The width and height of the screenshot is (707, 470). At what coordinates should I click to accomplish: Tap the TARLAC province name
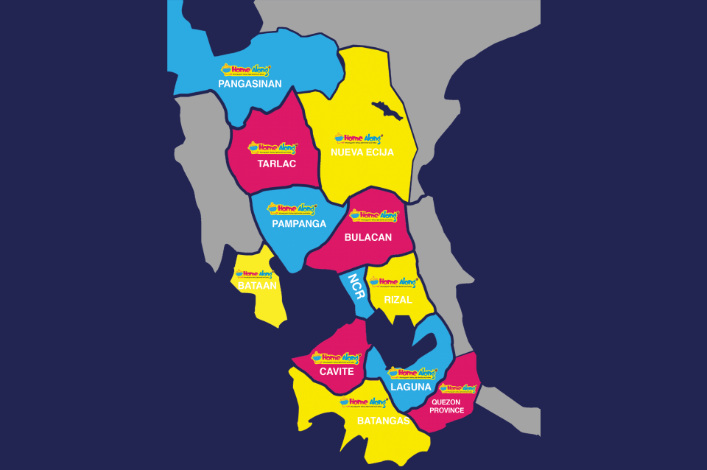pyautogui.click(x=277, y=164)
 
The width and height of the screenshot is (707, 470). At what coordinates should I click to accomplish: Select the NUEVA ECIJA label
pyautogui.click(x=362, y=152)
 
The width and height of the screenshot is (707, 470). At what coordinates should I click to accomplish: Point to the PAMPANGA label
pyautogui.click(x=299, y=224)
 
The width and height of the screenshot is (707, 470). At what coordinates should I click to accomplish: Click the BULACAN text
pyautogui.click(x=368, y=237)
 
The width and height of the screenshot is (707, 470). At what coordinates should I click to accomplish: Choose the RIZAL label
pyautogui.click(x=398, y=300)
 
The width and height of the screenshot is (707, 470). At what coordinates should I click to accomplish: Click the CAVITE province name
pyautogui.click(x=337, y=371)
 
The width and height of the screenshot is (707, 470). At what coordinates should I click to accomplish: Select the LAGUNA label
pyautogui.click(x=411, y=387)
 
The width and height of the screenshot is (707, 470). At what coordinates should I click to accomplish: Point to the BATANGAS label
pyautogui.click(x=383, y=421)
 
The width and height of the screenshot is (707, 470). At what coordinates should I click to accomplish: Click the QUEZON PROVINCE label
pyautogui.click(x=447, y=406)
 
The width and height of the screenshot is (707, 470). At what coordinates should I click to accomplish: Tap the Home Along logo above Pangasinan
pyautogui.click(x=246, y=71)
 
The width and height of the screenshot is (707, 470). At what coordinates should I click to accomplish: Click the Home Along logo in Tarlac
pyautogui.click(x=272, y=148)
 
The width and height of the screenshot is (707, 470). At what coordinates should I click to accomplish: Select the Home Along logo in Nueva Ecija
pyautogui.click(x=359, y=138)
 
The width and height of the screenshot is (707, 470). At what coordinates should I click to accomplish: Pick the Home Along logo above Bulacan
pyautogui.click(x=373, y=216)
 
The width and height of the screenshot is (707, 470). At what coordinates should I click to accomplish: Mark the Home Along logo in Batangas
pyautogui.click(x=364, y=402)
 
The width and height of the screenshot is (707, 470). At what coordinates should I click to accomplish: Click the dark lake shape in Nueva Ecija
pyautogui.click(x=387, y=110)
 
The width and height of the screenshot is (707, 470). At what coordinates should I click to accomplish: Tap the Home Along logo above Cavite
pyautogui.click(x=336, y=358)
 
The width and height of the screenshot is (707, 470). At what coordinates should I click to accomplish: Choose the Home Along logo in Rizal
pyautogui.click(x=393, y=282)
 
